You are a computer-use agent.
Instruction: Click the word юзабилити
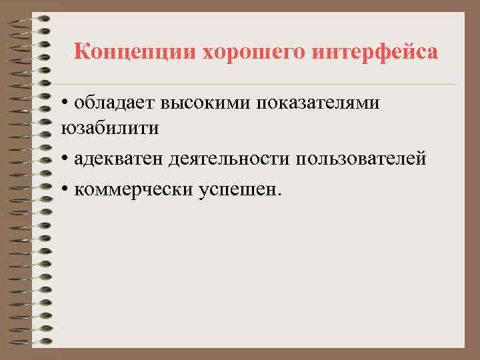110,128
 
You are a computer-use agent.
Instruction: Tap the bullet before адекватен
65,160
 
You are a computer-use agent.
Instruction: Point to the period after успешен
280,195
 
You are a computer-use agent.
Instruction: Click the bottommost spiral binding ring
30,341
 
